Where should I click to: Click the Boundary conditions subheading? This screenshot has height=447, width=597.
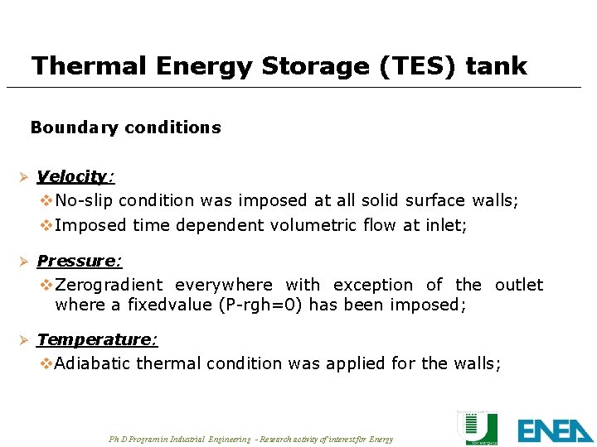(x=125, y=127)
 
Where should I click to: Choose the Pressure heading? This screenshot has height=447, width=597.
(x=79, y=261)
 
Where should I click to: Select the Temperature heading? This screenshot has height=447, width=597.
(x=97, y=339)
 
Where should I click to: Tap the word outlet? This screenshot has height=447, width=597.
(x=519, y=285)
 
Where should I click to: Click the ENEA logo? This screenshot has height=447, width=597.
(x=555, y=430)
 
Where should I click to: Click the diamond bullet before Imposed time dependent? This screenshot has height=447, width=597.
(x=46, y=224)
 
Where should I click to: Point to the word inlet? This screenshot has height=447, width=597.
(x=446, y=224)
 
